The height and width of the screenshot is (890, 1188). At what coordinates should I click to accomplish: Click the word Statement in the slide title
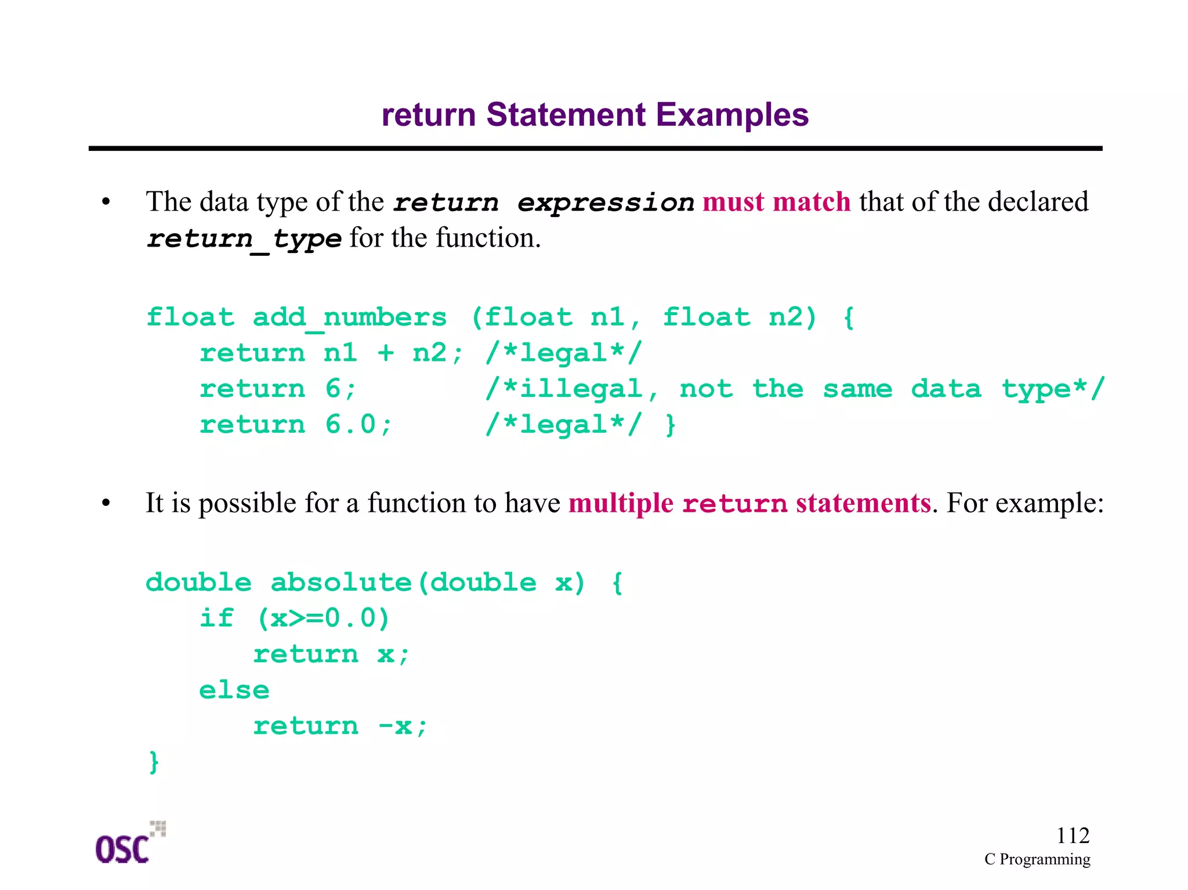coord(566,115)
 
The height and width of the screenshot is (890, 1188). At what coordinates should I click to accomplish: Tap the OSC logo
coord(129,844)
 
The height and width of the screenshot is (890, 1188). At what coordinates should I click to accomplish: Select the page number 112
coord(1073,835)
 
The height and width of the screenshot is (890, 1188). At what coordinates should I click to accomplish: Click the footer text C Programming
coord(1037,859)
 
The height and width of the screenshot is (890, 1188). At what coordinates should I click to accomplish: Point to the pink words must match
coord(776,202)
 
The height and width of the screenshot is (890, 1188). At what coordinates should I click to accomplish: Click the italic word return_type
coord(244,238)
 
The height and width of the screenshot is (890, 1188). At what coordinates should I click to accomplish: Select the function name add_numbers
coord(350,317)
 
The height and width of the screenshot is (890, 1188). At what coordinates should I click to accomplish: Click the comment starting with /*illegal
coord(794,389)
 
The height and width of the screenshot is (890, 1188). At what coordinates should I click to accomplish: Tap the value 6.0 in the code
coord(351,425)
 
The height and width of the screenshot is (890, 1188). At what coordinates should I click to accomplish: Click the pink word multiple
coord(621,503)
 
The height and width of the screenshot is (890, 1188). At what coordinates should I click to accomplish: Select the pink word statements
coord(863,503)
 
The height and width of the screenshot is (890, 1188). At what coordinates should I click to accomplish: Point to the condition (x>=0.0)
coord(323,618)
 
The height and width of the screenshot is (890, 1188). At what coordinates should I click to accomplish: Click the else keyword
coord(234,690)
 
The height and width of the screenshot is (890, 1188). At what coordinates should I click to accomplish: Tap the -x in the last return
coord(395,726)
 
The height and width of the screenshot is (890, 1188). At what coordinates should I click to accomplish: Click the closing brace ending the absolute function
coord(154,762)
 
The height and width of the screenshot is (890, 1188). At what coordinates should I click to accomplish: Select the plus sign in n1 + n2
coord(386,353)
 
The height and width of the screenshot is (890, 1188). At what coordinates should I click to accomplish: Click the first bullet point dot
coord(106,202)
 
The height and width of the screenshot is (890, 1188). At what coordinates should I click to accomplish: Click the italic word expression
coord(606,202)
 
